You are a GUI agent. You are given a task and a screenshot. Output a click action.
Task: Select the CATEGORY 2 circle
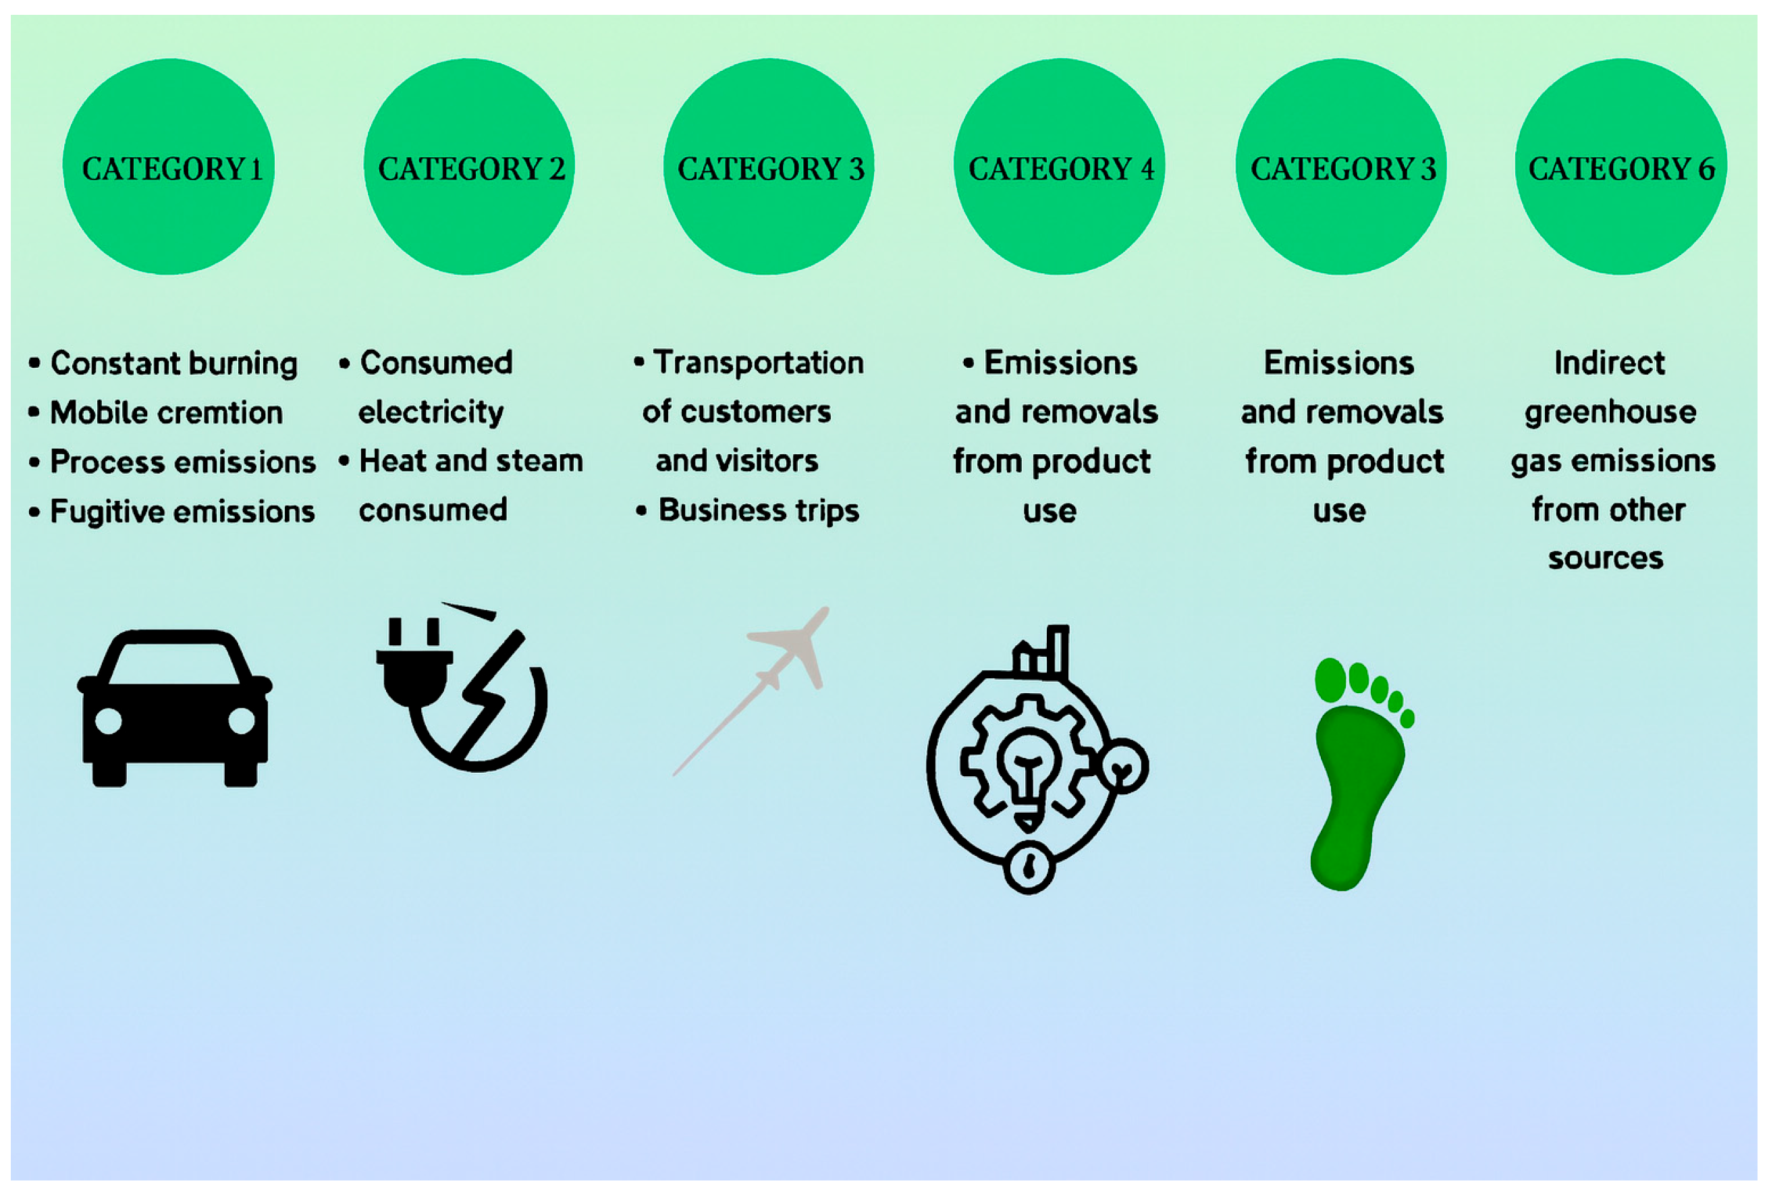pos(470,167)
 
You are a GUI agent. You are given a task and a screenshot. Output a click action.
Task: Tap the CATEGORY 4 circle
pos(1060,167)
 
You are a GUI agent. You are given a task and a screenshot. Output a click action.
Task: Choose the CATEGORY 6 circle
pos(1621,167)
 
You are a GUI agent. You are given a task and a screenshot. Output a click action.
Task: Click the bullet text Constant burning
pos(173,363)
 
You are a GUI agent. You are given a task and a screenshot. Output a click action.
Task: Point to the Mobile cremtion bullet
pos(166,412)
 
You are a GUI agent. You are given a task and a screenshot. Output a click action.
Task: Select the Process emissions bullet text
pos(183,462)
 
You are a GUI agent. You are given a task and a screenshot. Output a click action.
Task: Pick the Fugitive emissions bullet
pos(182,512)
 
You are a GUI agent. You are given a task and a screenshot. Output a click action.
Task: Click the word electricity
pos(431,412)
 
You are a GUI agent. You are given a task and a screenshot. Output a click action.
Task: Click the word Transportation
pos(758,363)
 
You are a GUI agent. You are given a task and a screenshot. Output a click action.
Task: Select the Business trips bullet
pos(758,510)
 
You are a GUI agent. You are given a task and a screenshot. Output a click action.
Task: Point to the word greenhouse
pos(1610,412)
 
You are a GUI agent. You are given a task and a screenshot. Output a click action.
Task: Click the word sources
pos(1606,558)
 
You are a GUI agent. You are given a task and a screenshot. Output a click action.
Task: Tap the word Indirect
pos(1609,363)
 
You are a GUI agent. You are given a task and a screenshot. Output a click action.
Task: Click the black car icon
pos(174,708)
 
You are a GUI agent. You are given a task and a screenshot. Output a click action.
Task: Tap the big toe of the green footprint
pos(1330,679)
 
